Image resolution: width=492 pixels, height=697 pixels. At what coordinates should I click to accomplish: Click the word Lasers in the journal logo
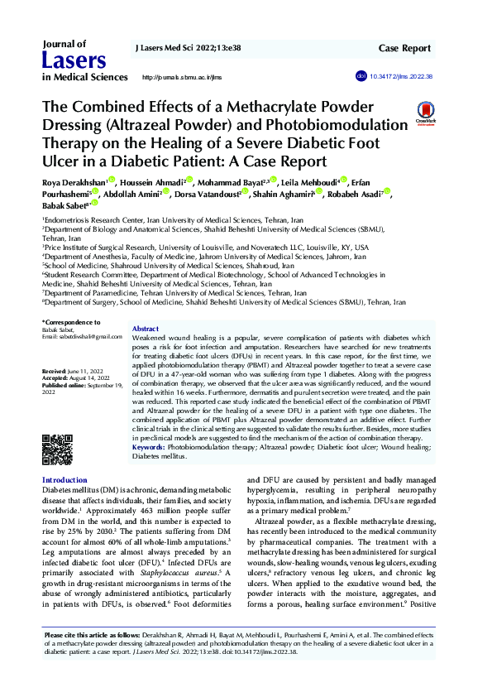(74, 59)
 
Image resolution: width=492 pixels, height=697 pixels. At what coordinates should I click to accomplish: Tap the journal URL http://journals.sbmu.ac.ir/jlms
(183, 77)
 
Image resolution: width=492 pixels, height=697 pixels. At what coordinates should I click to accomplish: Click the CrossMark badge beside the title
(425, 113)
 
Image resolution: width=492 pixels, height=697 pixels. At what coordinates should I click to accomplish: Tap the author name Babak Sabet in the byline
(64, 204)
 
